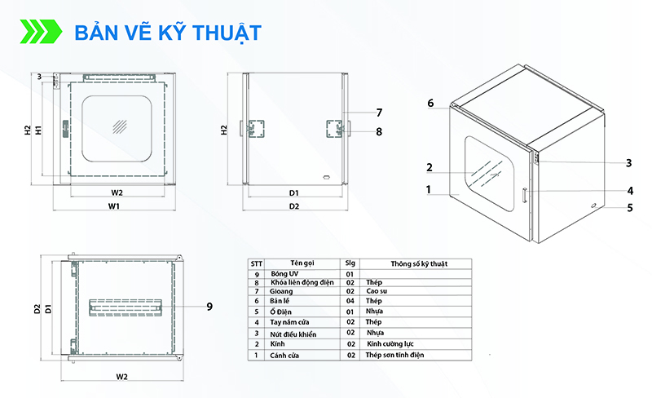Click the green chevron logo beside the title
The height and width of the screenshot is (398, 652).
41,31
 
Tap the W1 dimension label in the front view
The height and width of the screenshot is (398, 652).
114,206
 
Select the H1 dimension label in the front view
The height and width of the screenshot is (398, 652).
38,130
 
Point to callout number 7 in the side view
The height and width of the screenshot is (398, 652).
379,113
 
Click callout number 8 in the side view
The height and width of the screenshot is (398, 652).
379,131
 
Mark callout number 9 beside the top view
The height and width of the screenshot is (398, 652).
209,307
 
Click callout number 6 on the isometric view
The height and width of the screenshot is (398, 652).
430,103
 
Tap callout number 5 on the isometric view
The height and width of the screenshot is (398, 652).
630,207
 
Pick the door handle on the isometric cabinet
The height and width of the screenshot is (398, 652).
525,195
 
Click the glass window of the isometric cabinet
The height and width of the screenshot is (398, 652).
490,174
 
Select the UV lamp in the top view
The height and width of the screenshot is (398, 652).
126,307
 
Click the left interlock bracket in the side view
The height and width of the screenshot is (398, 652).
255,129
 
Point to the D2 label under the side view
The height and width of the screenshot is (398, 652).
294,206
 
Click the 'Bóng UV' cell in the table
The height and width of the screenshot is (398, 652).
284,273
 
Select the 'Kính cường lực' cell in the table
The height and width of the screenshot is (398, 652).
390,344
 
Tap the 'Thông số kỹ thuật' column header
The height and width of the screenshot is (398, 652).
419,263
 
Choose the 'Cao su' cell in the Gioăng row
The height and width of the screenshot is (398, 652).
377,291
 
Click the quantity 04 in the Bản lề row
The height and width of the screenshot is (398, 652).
350,301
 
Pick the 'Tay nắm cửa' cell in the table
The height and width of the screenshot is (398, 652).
289,322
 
